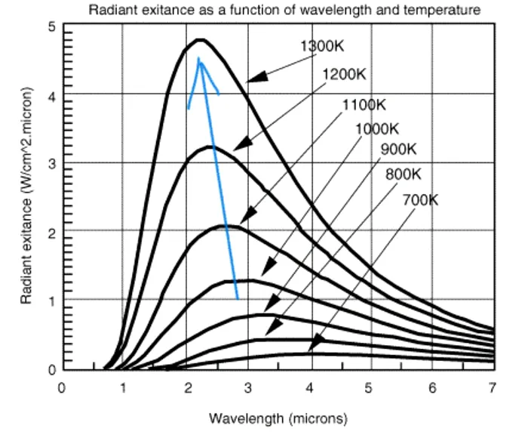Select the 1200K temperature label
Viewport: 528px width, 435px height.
[x=344, y=74]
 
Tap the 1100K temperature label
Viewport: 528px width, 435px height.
[x=364, y=104]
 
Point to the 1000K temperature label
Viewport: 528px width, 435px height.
[x=376, y=128]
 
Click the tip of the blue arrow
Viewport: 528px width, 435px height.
[x=198, y=59]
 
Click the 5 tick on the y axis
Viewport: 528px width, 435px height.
[x=52, y=27]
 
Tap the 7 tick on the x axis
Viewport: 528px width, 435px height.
[x=493, y=388]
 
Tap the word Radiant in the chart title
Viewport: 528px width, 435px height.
[x=111, y=11]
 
